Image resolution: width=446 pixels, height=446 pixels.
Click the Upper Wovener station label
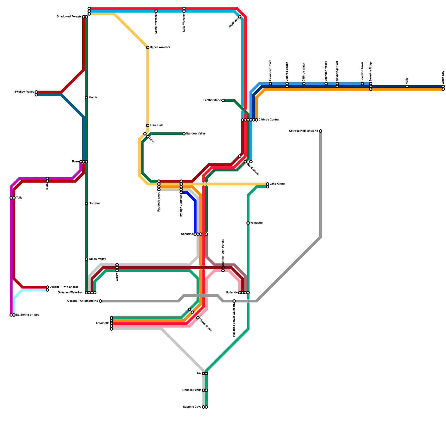point(160,47)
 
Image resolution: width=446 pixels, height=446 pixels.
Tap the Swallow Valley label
point(24,92)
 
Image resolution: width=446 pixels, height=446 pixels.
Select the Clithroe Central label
point(269,120)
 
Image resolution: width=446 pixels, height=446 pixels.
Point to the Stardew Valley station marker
point(184,134)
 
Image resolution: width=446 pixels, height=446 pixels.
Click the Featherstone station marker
point(223,100)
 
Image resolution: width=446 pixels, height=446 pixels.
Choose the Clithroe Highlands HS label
point(304,131)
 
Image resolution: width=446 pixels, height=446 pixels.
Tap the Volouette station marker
point(248,223)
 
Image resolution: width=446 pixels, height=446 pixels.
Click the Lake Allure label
point(277,184)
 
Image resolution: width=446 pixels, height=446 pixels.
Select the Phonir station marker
point(86,98)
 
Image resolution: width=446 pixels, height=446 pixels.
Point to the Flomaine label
point(94,203)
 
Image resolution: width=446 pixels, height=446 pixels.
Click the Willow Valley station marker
point(86,259)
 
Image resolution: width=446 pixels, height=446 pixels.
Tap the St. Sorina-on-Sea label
point(28,315)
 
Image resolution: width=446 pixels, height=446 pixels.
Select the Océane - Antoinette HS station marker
point(100,301)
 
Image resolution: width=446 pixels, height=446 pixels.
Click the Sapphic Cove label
point(192,407)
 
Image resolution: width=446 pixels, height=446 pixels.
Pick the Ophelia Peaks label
point(192,390)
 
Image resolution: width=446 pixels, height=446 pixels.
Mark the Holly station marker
point(407,86)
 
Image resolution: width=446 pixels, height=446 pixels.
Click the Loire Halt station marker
point(148,125)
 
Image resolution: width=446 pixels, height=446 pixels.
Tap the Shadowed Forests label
point(69,17)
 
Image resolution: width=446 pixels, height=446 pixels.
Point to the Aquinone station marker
point(240,17)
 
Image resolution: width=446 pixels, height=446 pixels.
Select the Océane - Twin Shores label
point(64,287)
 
